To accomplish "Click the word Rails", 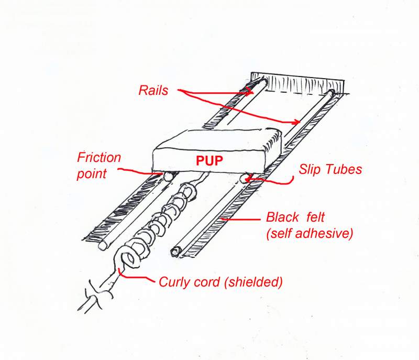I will click(153, 90).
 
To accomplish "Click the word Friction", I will click(99, 157).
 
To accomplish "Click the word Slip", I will click(309, 169).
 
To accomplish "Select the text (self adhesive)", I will click(308, 234).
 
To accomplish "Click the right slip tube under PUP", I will click(244, 179).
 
